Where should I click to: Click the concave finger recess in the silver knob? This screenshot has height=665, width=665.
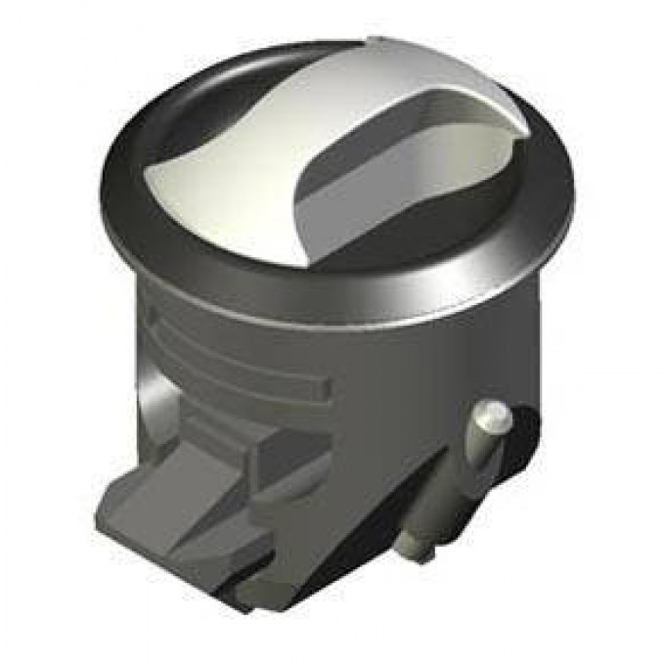tap(391, 186)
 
